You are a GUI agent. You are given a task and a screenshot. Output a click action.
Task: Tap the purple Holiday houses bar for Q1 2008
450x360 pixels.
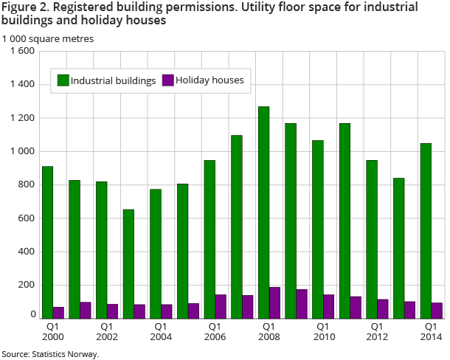(x=274, y=302)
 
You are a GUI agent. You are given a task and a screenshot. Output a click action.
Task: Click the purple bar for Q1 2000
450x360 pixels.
(x=58, y=312)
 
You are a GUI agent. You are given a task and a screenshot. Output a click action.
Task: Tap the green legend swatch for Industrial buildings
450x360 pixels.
(x=63, y=80)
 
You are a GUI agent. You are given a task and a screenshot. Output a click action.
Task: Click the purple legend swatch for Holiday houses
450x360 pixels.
(x=167, y=80)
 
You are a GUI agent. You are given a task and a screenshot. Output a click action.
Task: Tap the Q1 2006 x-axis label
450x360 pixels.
(x=215, y=330)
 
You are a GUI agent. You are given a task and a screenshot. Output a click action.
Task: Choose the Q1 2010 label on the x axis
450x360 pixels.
(x=322, y=330)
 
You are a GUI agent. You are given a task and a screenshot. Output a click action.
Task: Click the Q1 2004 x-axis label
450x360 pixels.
(x=160, y=330)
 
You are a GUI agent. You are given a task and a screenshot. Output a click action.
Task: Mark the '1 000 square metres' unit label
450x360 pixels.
(x=48, y=38)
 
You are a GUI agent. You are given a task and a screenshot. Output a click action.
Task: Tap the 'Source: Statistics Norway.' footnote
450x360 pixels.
(x=50, y=354)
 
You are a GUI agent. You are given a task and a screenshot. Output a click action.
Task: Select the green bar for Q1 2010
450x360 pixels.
(x=317, y=229)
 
